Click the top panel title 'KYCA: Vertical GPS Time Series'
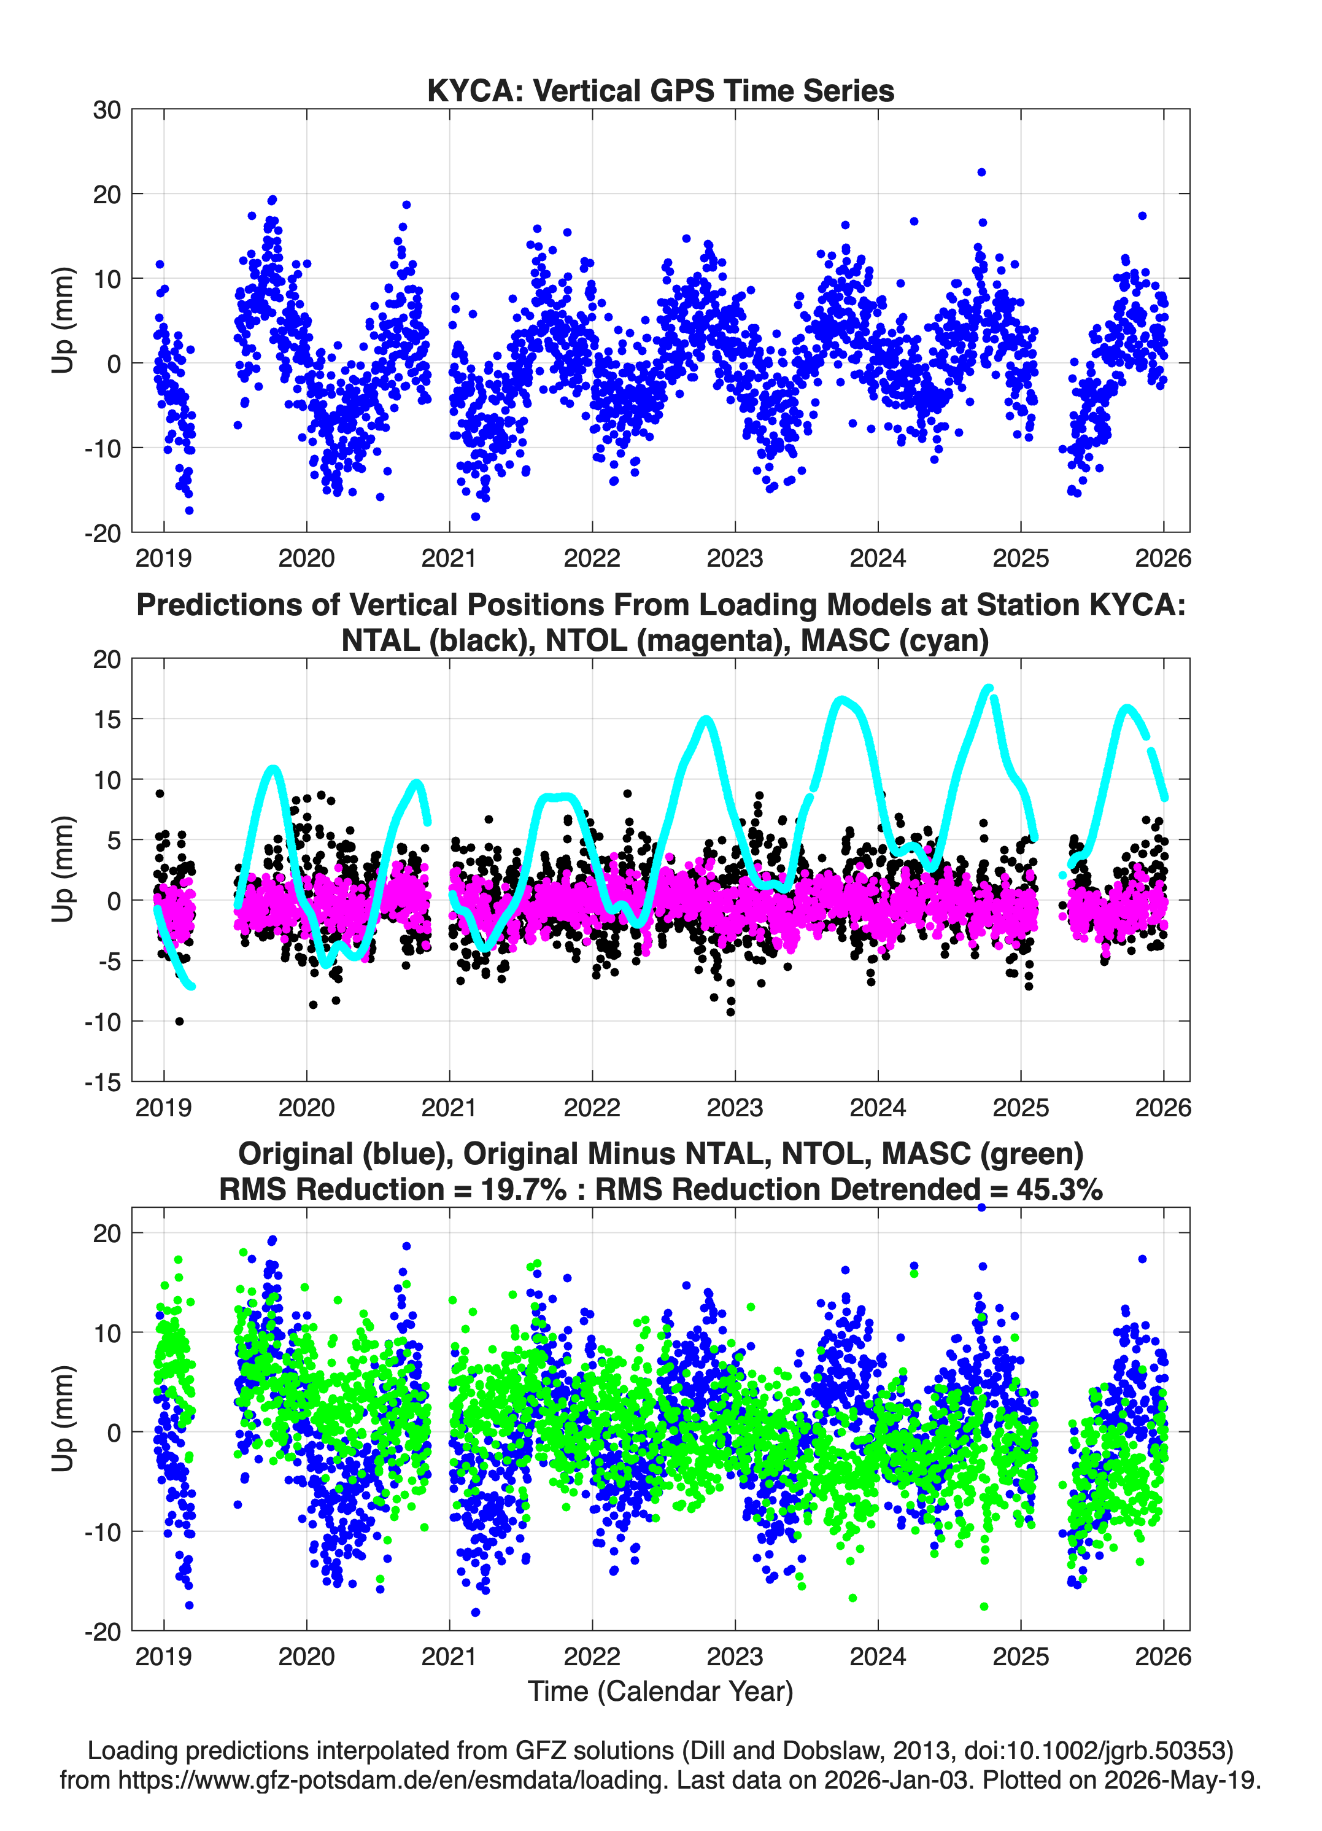[660, 90]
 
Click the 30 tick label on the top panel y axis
[107, 110]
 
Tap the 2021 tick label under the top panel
[449, 558]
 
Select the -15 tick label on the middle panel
[102, 1082]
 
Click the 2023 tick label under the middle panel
[735, 1107]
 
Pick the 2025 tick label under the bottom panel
[1021, 1656]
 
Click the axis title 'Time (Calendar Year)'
[660, 1692]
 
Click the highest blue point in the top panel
[981, 172]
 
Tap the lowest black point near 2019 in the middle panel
[179, 1021]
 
